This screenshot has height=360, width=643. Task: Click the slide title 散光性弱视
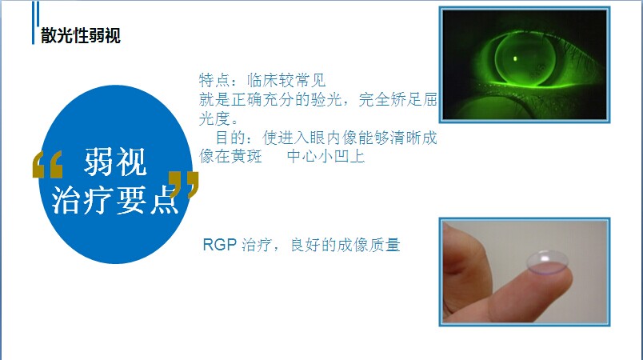pyautogui.click(x=80, y=35)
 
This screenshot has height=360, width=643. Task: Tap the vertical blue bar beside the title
pyautogui.click(x=35, y=22)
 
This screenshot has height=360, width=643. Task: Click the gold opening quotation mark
pyautogui.click(x=47, y=165)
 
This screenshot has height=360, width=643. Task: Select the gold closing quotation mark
pyautogui.click(x=184, y=185)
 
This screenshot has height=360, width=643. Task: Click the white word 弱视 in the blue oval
pyautogui.click(x=115, y=162)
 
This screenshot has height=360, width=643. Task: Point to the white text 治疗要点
pyautogui.click(x=115, y=200)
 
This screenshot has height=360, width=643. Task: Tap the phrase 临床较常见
pyautogui.click(x=286, y=80)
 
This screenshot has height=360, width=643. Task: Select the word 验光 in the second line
pyautogui.click(x=326, y=99)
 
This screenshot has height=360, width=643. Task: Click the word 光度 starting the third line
pyautogui.click(x=214, y=118)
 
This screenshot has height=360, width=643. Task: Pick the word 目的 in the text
pyautogui.click(x=231, y=138)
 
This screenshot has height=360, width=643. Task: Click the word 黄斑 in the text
pyautogui.click(x=246, y=156)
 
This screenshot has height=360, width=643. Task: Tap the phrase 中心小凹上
pyautogui.click(x=325, y=156)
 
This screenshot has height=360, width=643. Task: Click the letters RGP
pyautogui.click(x=220, y=245)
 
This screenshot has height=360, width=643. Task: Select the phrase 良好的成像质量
pyautogui.click(x=345, y=245)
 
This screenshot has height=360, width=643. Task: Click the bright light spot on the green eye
pyautogui.click(x=515, y=58)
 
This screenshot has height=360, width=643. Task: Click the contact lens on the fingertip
pyautogui.click(x=548, y=262)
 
